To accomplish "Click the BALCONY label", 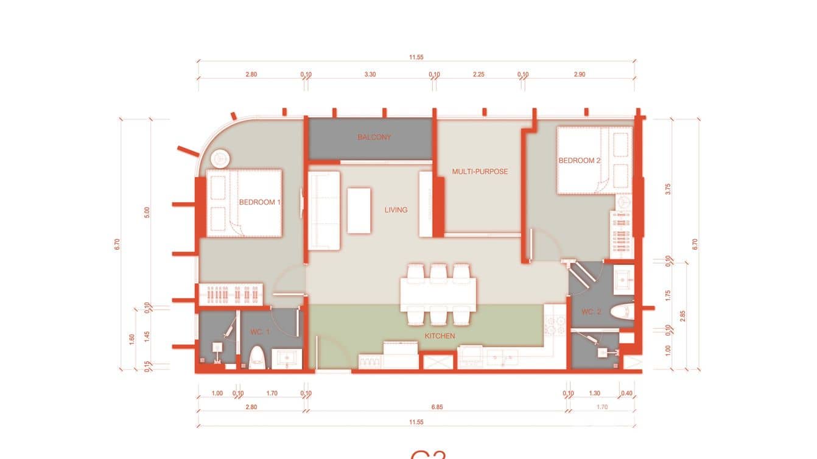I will (x=374, y=138).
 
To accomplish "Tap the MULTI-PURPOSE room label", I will (x=480, y=172).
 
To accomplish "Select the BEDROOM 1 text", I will (x=259, y=202).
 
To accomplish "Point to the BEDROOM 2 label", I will (x=580, y=161).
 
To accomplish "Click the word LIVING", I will (x=396, y=210).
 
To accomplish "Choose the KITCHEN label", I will (x=440, y=335).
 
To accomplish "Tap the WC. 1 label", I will (x=260, y=332).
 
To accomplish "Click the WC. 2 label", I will (x=591, y=312).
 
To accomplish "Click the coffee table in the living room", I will (x=359, y=211).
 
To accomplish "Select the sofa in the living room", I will (x=323, y=210).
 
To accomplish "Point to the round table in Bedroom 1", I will (x=219, y=158).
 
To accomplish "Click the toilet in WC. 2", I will (x=621, y=312).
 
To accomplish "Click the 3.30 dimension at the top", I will (x=370, y=74).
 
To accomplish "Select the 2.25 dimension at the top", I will (x=479, y=74).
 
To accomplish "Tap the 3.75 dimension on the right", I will (x=668, y=189).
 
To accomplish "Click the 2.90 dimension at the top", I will (x=579, y=74).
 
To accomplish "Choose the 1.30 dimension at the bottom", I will (x=595, y=393).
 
